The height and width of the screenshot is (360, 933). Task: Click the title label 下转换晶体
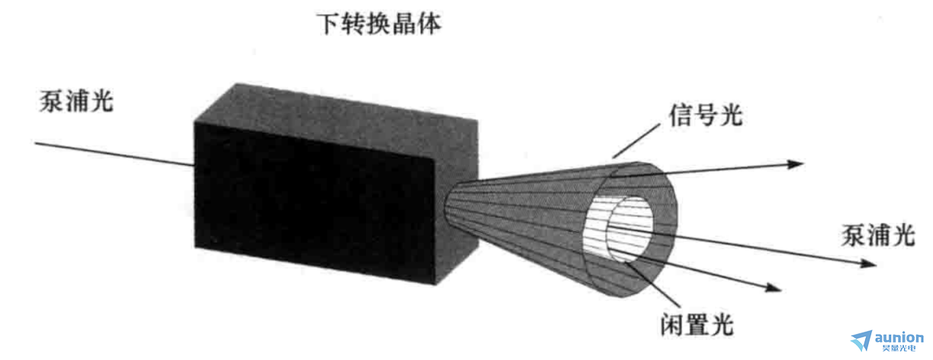[378, 24]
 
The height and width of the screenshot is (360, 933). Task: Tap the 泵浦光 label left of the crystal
[76, 101]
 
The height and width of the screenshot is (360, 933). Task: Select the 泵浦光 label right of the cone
[878, 235]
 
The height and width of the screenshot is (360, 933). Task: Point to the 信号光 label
[706, 114]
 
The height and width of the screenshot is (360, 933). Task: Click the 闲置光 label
[697, 323]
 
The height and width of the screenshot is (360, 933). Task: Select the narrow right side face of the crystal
[456, 200]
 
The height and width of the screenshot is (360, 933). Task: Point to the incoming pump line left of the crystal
[114, 154]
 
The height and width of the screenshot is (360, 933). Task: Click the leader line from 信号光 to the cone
[636, 140]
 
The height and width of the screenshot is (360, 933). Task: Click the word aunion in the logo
[899, 337]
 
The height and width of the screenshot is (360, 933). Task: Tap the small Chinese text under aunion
[899, 348]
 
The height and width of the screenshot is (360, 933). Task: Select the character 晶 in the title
[404, 24]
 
